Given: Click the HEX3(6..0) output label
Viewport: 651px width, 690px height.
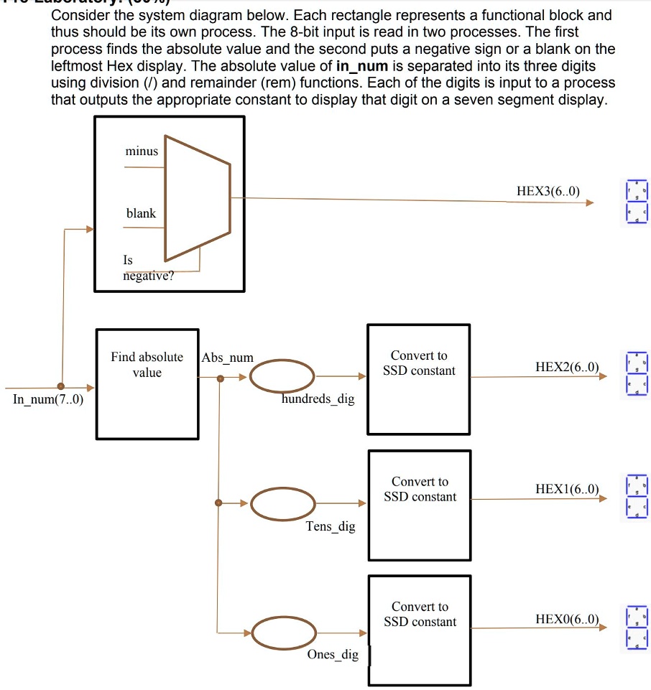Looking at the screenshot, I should (548, 191).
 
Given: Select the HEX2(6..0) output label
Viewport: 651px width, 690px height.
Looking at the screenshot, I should (566, 367).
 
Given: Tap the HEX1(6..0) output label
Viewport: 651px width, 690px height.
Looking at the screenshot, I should (566, 489).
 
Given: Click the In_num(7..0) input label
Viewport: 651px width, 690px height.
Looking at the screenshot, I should (48, 400).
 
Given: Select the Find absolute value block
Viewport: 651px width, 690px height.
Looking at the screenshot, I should (147, 383).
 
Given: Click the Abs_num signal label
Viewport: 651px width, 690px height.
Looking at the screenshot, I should (228, 358).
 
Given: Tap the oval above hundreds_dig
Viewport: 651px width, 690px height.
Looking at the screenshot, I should (282, 376).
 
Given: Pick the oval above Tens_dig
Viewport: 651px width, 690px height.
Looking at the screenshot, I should (282, 503).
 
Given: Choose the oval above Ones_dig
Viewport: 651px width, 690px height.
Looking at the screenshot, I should (282, 633).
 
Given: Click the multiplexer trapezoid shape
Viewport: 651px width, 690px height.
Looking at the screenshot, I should (198, 197).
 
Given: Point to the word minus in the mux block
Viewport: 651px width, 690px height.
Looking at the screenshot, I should (142, 151).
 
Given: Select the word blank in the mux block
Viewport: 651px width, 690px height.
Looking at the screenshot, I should (141, 213).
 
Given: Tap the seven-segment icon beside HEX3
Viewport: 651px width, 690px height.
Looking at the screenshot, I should (637, 202).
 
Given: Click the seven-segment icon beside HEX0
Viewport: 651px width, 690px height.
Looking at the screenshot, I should (637, 628).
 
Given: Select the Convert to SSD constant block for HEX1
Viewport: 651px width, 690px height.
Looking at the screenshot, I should (420, 505).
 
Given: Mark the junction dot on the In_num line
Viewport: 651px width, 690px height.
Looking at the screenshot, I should (60, 386).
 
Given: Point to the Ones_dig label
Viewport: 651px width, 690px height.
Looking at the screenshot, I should (333, 654).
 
